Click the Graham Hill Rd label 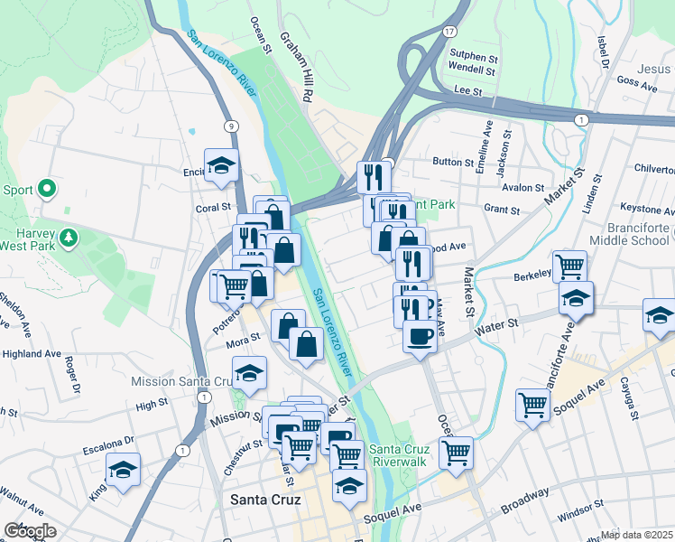(296, 67)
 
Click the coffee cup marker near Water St (420, 337)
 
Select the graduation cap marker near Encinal (219, 164)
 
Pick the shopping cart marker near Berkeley (570, 266)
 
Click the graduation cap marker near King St (124, 470)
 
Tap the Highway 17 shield (448, 31)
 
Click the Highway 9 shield (233, 126)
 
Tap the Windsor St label (581, 517)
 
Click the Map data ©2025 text (637, 535)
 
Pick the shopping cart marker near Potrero (234, 285)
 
